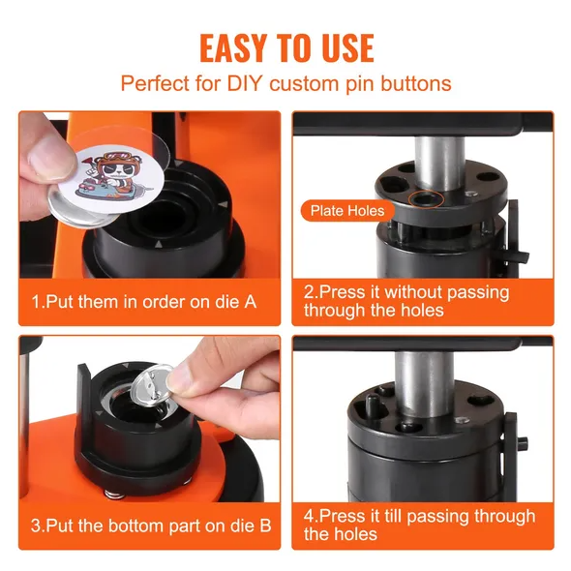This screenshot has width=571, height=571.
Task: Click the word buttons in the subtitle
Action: [x=416, y=83]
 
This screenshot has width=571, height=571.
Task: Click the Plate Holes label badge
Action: [x=347, y=211]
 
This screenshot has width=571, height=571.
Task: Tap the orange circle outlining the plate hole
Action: [x=426, y=198]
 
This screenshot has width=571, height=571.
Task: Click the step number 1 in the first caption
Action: [x=36, y=302]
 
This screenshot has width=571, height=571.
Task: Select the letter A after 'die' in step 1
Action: [x=251, y=302]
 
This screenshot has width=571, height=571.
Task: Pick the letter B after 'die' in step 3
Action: [x=266, y=526]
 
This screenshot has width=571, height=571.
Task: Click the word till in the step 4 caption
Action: [x=392, y=516]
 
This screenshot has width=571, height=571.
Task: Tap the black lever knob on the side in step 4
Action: [x=523, y=443]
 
